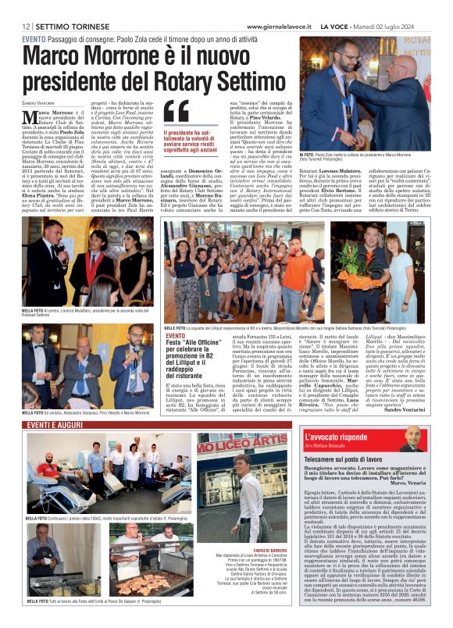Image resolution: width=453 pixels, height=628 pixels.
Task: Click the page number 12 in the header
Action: (x=26, y=27)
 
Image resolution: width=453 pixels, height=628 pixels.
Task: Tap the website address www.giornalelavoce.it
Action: (x=280, y=27)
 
